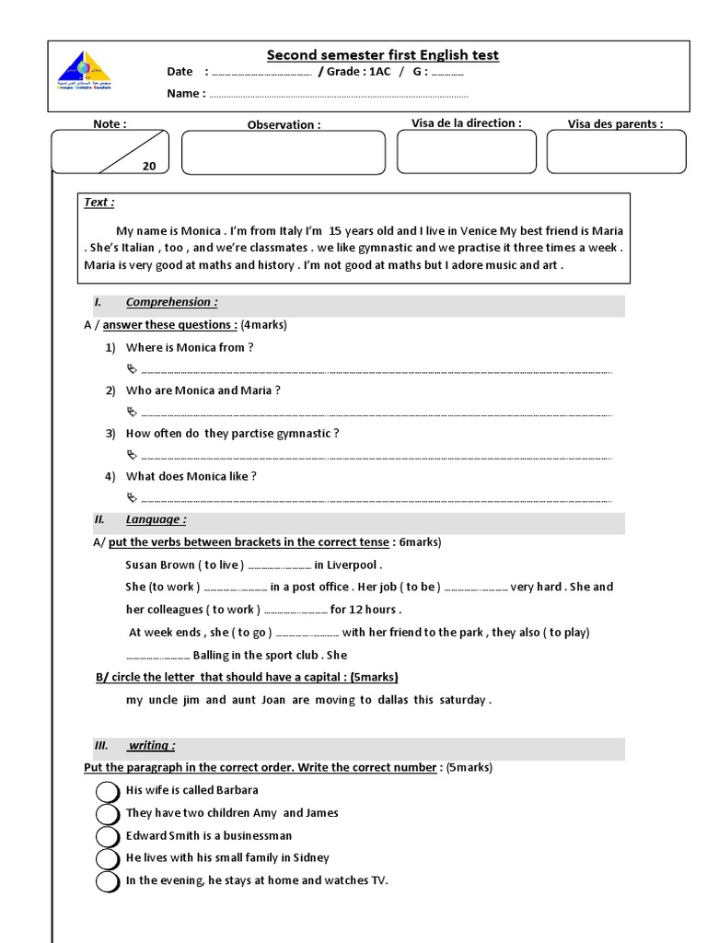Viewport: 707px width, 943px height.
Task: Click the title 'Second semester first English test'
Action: [x=382, y=55]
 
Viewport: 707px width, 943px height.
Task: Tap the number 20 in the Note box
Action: [x=149, y=167]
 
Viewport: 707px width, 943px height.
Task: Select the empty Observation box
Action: [x=284, y=152]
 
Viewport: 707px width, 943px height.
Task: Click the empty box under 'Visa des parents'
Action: [x=616, y=151]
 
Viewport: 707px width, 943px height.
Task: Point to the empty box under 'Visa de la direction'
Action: [x=467, y=151]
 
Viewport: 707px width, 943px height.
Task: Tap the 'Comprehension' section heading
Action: [x=171, y=302]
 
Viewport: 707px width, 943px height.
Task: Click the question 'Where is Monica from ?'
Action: [x=190, y=347]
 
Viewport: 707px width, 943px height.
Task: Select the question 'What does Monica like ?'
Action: [x=191, y=476]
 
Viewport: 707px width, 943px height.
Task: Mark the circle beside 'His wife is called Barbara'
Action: [x=108, y=791]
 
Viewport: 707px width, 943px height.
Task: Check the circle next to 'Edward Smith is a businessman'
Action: [x=108, y=836]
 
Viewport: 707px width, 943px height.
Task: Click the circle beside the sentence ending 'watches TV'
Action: [x=108, y=881]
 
